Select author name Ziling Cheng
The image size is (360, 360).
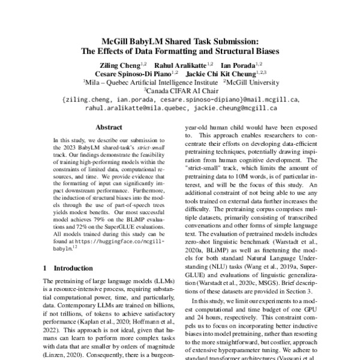(x=119, y=64)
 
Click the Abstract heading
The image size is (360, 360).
(x=109, y=128)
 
